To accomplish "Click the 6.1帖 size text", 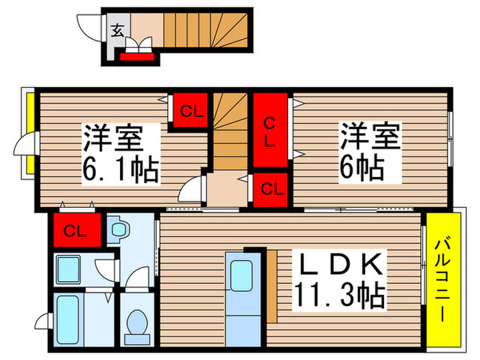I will coord(120,169).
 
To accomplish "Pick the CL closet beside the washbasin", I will coord(75,230).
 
